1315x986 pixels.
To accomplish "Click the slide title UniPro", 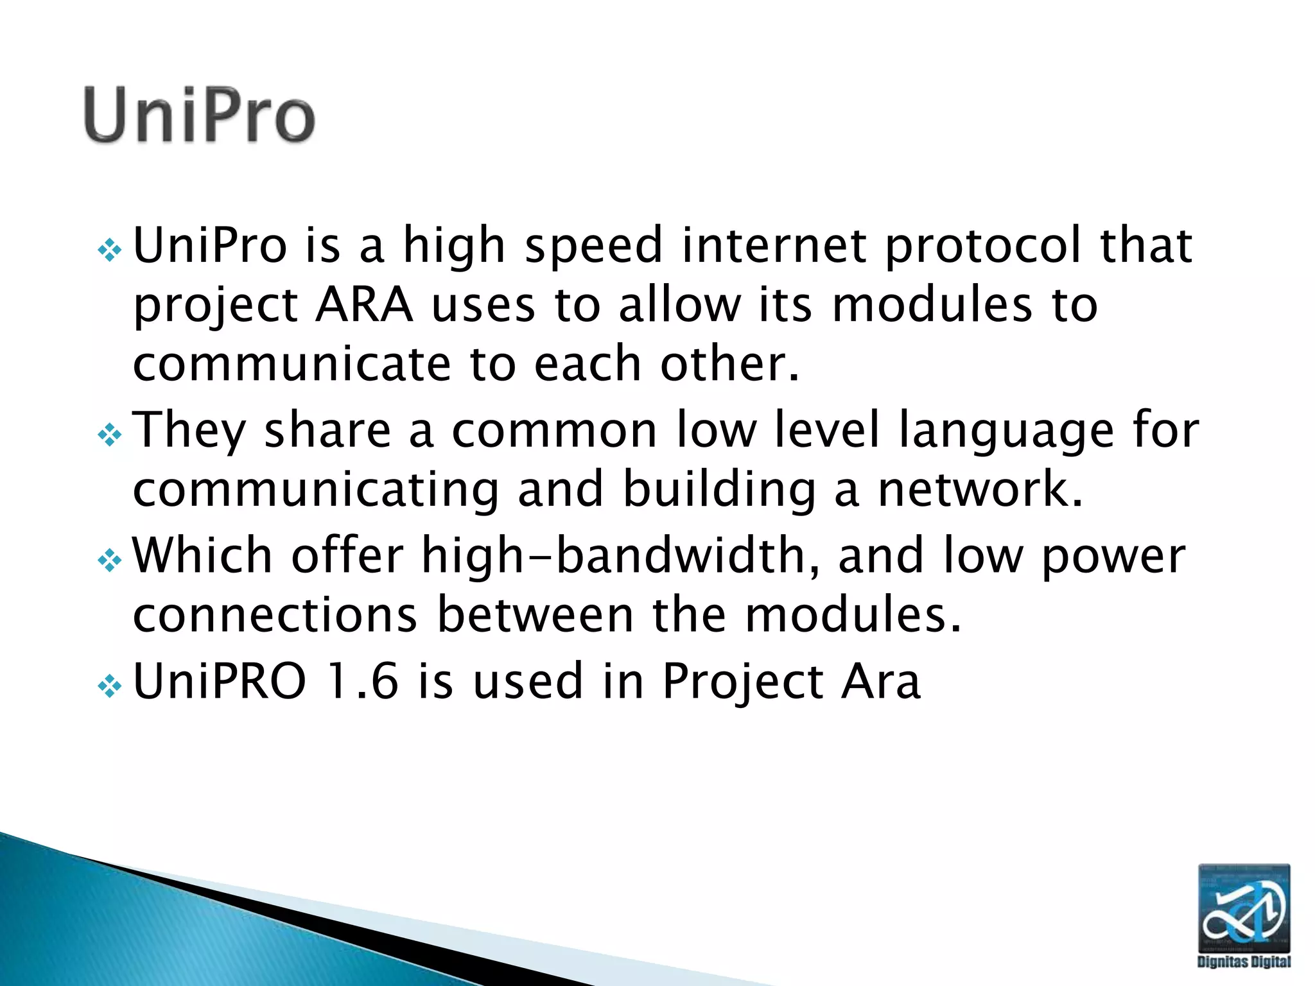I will [199, 116].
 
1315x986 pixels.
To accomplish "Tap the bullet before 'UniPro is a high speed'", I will [110, 250].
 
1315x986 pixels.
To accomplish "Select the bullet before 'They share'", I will [110, 436].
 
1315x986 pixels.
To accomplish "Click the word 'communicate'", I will [292, 364].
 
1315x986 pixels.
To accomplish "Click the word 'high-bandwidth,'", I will [620, 556].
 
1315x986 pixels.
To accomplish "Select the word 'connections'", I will [275, 615].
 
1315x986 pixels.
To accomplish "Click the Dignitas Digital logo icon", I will [1244, 908].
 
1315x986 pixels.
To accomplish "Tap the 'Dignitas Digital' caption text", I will [1244, 962].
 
